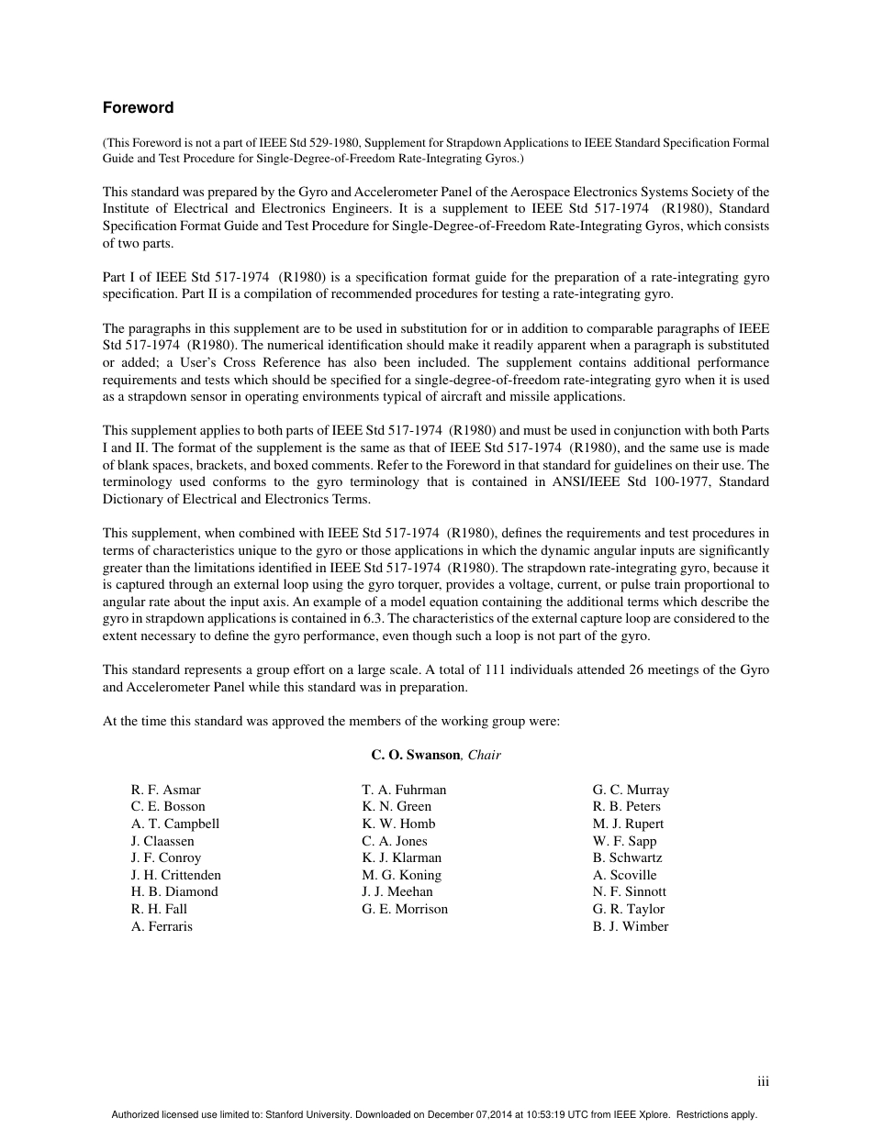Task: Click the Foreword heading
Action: (x=138, y=107)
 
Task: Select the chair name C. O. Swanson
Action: (x=415, y=755)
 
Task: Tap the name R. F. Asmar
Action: (x=165, y=790)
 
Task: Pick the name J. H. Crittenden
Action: (x=175, y=875)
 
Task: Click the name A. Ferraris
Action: (x=162, y=926)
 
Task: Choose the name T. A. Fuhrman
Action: (x=404, y=790)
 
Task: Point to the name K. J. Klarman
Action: (x=401, y=857)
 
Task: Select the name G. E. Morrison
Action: (x=405, y=909)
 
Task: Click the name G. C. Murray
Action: (x=631, y=790)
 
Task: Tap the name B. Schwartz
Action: (x=627, y=857)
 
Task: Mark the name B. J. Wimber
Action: (x=631, y=926)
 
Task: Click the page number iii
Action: (x=763, y=1082)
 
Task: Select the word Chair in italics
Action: (x=484, y=755)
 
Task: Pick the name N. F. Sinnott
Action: (x=630, y=891)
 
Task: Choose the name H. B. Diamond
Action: (x=174, y=891)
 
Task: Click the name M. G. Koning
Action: (x=401, y=875)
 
